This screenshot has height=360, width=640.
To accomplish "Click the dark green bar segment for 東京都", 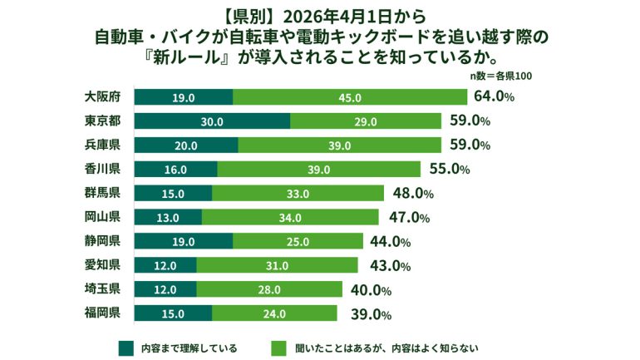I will click(211, 121).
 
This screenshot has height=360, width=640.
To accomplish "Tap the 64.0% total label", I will click(494, 96).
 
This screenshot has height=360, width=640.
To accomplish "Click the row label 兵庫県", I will click(104, 145).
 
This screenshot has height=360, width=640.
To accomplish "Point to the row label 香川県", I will click(104, 170).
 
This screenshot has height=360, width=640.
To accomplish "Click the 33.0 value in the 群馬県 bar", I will click(298, 194).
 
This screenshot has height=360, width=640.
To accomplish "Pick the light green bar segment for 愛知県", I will click(277, 266).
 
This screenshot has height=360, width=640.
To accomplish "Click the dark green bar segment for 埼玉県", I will click(165, 289).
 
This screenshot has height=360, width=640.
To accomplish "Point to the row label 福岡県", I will click(104, 313).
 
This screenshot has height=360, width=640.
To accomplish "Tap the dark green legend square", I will click(126, 346).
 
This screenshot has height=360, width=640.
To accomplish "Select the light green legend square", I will click(278, 346).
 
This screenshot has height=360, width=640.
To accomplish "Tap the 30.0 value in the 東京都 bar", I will click(212, 121).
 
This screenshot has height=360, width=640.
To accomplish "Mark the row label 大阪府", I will click(104, 97).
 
